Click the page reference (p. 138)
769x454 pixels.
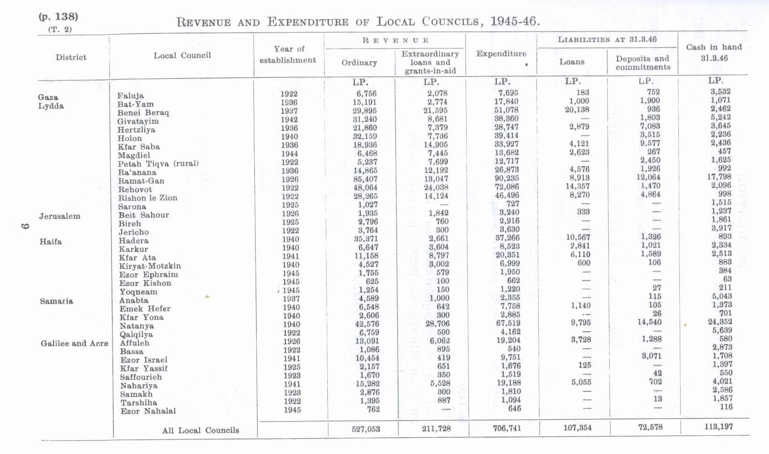coord(58,17)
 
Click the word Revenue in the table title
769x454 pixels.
coord(203,22)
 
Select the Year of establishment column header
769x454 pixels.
coord(288,54)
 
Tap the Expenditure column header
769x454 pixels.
coord(501,54)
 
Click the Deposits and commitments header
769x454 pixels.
coord(643,63)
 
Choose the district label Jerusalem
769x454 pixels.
coord(60,216)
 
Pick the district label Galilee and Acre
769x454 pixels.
coord(74,343)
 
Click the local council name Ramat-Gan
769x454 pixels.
coord(141,181)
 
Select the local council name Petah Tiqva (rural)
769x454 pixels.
coord(158,164)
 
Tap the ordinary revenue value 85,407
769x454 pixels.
coord(365,180)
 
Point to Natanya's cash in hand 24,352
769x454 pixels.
coord(720,322)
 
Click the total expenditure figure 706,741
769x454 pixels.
coord(507,428)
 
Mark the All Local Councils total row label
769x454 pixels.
coord(200,431)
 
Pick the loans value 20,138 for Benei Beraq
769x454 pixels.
coord(577,110)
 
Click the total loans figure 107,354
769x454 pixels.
coord(577,428)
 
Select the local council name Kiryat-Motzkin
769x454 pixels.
coord(150,266)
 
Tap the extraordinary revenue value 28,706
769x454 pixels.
coord(436,324)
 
